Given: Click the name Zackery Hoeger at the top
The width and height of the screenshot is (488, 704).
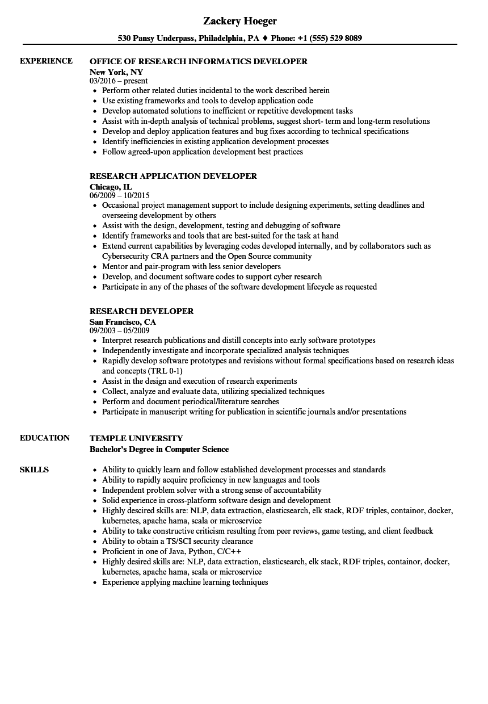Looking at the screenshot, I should pyautogui.click(x=240, y=21).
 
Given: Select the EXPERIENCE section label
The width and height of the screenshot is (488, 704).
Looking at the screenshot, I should pyautogui.click(x=46, y=61).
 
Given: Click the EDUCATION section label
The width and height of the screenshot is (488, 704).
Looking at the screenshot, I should pyautogui.click(x=45, y=438).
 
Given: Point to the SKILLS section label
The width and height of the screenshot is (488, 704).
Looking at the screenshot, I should pyautogui.click(x=34, y=470).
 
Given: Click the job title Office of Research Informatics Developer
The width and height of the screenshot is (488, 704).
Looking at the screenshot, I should pyautogui.click(x=199, y=61).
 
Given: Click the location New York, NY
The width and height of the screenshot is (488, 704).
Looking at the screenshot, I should pyautogui.click(x=116, y=72).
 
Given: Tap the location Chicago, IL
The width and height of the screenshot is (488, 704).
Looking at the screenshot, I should pyautogui.click(x=111, y=187).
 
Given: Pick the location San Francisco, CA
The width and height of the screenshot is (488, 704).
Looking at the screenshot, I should pyautogui.click(x=123, y=322).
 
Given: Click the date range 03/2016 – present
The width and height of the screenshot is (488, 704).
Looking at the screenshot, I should pyautogui.click(x=119, y=81).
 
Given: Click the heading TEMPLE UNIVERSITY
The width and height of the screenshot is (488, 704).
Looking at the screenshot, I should pyautogui.click(x=136, y=438).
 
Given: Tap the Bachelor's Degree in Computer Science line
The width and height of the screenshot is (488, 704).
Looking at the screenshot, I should pyautogui.click(x=159, y=449).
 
